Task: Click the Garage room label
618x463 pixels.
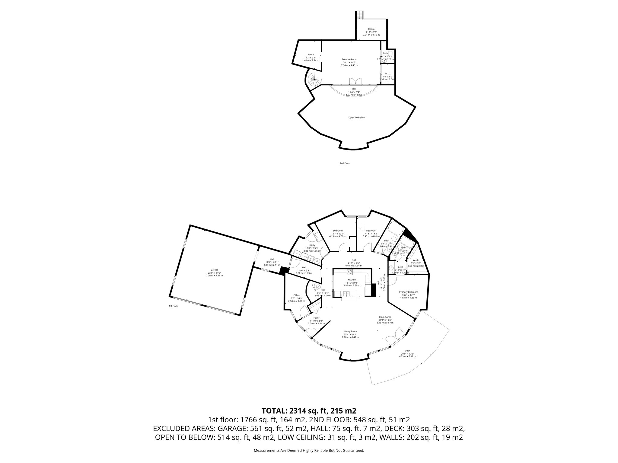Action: pyautogui.click(x=214, y=270)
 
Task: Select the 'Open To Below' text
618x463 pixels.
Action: pyautogui.click(x=357, y=118)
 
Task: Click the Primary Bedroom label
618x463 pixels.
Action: pyautogui.click(x=408, y=292)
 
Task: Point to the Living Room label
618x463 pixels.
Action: pyautogui.click(x=350, y=331)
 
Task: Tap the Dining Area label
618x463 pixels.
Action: pyautogui.click(x=385, y=317)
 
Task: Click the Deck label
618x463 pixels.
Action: pyautogui.click(x=407, y=351)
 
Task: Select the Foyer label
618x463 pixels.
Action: pyautogui.click(x=316, y=318)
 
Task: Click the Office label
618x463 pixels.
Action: pyautogui.click(x=296, y=295)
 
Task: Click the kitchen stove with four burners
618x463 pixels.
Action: pyautogui.click(x=350, y=272)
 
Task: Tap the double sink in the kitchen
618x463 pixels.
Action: pyautogui.click(x=346, y=293)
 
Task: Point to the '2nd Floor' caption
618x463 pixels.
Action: pyautogui.click(x=345, y=163)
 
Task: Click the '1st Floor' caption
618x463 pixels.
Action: pyautogui.click(x=173, y=306)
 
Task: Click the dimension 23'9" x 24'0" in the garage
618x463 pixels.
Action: pyautogui.click(x=214, y=273)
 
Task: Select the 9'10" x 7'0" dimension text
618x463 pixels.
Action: pyautogui.click(x=371, y=32)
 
